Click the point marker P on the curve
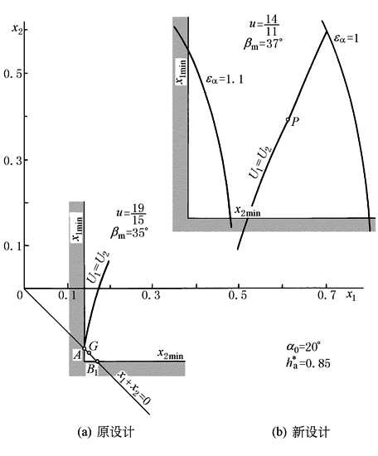pos(288,119)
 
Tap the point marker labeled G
pos(90,353)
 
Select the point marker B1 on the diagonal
pos(98,361)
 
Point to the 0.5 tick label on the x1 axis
pos(238,295)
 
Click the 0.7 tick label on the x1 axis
pos(327,295)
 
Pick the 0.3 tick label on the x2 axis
pos(12,160)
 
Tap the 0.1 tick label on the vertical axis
pos(12,246)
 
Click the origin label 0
pos(20,295)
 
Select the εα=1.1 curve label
pos(225,80)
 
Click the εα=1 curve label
pos(346,38)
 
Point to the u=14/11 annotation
pos(264,26)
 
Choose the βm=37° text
pos(263,44)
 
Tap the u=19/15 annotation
pos(132,214)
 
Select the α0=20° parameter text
pos(303,347)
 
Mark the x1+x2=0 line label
pos(133,388)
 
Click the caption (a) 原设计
pos(106,432)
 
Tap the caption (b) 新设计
pos(301,432)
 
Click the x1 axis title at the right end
pos(351,296)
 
